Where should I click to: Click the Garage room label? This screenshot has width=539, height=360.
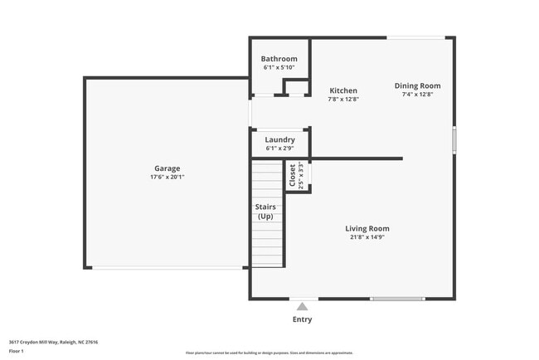tap(167, 168)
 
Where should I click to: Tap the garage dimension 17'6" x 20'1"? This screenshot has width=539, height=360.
tap(167, 177)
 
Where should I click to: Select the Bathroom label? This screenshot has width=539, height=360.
tap(279, 59)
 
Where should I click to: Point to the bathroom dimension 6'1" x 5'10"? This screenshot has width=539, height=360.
tap(279, 67)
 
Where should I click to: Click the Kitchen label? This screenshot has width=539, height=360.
tap(343, 90)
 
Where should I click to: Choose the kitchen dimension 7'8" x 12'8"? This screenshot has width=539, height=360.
tap(343, 99)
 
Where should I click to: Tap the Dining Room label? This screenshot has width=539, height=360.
tap(417, 85)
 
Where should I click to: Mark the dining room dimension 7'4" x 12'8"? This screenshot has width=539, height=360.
tap(417, 94)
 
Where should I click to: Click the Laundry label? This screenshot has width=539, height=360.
tap(279, 139)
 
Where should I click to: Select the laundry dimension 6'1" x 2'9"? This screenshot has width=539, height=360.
tap(279, 148)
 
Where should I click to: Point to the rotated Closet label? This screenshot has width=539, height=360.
tap(292, 175)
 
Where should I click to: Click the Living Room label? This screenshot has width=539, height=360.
tap(367, 228)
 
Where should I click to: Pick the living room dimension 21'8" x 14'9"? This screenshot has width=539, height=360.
tap(367, 237)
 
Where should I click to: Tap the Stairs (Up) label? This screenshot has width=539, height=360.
tap(265, 212)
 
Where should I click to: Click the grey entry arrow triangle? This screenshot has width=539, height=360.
tap(302, 307)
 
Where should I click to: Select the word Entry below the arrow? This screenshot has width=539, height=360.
tap(302, 319)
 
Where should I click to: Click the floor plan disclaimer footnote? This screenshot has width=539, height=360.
tap(269, 353)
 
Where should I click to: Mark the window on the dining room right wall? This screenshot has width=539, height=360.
tap(454, 139)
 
